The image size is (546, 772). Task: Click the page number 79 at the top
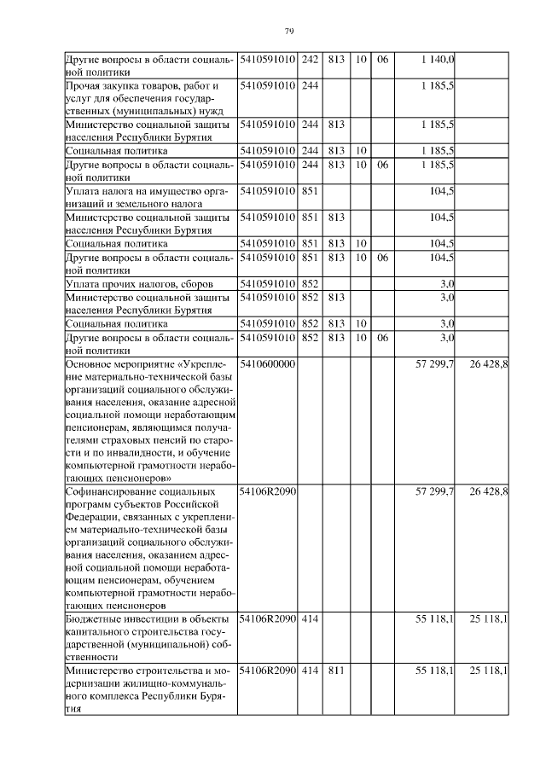coord(289,32)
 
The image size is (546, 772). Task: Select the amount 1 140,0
coord(439,59)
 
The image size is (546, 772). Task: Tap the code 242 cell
coord(310,59)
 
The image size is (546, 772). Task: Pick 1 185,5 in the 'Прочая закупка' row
coord(439,85)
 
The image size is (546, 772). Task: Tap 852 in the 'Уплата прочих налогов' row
coord(310,282)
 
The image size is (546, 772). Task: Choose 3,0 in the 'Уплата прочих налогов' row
coord(446,282)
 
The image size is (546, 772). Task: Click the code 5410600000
coord(268,363)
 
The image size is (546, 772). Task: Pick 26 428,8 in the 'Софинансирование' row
coord(489,492)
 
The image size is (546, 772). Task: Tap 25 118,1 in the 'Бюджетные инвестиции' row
coord(489,618)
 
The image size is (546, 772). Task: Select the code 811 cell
coord(335,670)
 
